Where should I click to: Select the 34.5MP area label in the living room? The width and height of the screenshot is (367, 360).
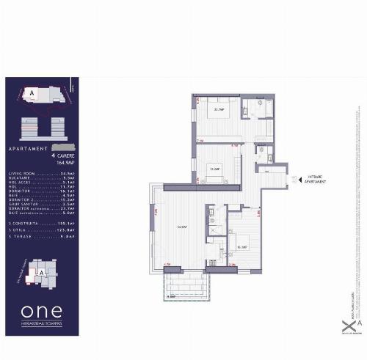click(x=181, y=227)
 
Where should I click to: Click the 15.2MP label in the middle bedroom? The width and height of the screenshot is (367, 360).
click(x=216, y=168)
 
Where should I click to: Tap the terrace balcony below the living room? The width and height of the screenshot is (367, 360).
click(x=181, y=282)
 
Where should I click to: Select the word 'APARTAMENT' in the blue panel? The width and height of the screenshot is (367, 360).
click(x=24, y=149)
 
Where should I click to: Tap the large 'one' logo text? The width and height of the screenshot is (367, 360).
click(x=42, y=309)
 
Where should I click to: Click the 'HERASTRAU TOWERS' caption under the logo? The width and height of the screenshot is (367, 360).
click(x=43, y=323)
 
